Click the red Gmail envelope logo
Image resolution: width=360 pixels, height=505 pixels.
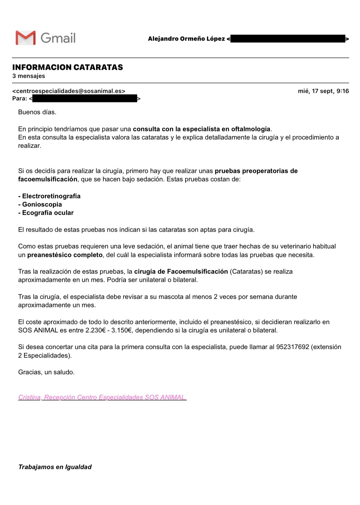tap(26, 38)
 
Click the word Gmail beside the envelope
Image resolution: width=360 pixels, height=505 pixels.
tap(58, 38)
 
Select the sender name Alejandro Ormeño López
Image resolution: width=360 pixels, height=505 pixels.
tap(186, 39)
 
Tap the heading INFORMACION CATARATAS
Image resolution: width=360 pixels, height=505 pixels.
tap(67, 67)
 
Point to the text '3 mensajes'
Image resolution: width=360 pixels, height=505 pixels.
tap(29, 76)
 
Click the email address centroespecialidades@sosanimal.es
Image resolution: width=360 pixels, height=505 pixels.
tap(69, 91)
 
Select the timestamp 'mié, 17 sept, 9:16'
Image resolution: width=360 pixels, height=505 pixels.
tap(323, 91)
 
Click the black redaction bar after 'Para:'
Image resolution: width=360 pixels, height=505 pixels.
tap(85, 99)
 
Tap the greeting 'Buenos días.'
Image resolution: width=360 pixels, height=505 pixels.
tap(37, 112)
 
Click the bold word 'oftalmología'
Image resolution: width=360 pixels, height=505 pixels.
tap(250, 129)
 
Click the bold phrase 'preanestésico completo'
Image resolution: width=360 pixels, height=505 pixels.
tap(65, 255)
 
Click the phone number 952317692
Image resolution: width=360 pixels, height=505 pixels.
tap(292, 347)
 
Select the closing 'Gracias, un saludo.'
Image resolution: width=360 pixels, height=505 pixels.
tap(46, 372)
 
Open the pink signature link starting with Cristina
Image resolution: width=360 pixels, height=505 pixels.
tap(102, 397)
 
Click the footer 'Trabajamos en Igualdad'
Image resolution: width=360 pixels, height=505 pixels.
tap(55, 467)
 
